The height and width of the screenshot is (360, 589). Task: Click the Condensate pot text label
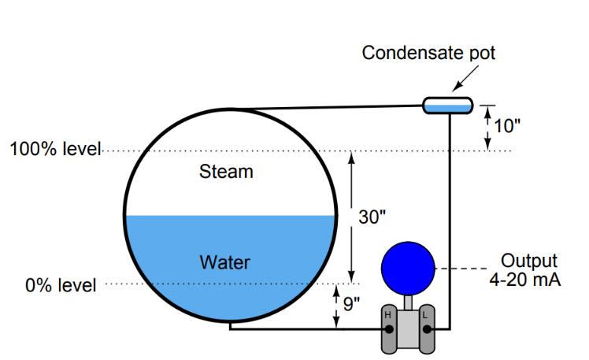(428, 53)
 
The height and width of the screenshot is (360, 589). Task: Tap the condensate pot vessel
(447, 105)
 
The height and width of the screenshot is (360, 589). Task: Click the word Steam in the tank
(226, 172)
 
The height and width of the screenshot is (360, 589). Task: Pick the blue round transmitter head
(407, 268)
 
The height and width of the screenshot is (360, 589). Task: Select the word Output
(529, 261)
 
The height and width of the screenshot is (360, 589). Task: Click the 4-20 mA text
(525, 280)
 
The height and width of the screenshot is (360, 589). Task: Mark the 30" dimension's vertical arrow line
(351, 217)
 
